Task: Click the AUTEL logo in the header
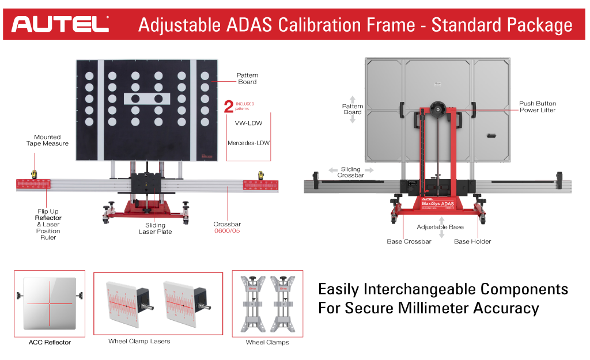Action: [60, 24]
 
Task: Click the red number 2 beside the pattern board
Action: [229, 107]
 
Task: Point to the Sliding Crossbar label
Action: [350, 172]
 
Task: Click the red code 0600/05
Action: [226, 230]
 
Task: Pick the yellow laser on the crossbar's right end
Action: [260, 173]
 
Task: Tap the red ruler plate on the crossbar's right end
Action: [260, 186]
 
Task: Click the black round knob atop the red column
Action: [438, 109]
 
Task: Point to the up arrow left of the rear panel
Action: [353, 100]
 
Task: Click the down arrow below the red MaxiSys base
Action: [441, 234]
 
